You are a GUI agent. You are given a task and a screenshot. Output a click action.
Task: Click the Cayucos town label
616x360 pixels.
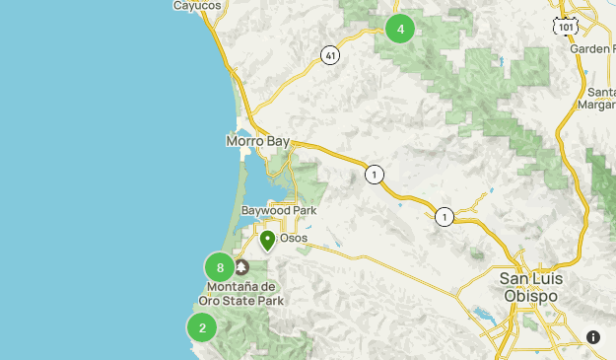(197, 6)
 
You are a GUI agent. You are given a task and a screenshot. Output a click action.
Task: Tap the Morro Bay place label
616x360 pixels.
(257, 142)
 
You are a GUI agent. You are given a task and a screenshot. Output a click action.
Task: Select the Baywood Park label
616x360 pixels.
(278, 211)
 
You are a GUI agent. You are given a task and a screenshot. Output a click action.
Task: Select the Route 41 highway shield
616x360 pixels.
(330, 56)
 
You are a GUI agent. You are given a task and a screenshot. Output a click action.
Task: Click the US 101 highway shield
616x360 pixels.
(566, 28)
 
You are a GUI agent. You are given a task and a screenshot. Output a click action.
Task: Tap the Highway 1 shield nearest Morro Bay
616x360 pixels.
(374, 175)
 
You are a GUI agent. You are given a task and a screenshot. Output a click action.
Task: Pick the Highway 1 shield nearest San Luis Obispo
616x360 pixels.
(445, 217)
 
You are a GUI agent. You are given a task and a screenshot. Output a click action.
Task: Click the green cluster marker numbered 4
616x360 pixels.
(400, 30)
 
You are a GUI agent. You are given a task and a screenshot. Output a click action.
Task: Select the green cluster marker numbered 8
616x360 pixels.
(220, 267)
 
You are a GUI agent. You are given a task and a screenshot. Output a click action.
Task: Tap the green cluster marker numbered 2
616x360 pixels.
(202, 328)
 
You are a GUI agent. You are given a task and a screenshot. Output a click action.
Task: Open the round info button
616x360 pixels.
(593, 337)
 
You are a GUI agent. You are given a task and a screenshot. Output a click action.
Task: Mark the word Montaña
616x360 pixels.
(234, 287)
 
